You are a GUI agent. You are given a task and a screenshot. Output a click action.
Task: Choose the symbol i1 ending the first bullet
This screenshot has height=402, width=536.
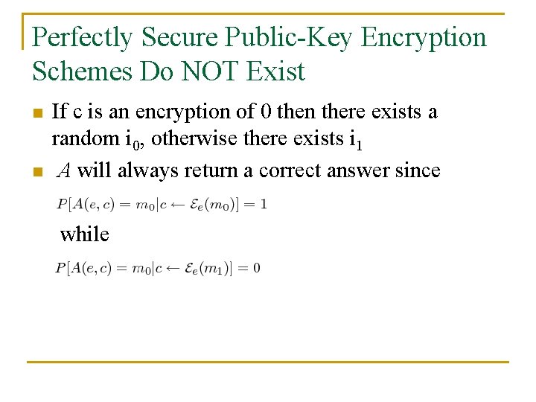(357, 139)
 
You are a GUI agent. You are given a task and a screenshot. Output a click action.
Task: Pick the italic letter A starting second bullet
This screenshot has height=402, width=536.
(64, 170)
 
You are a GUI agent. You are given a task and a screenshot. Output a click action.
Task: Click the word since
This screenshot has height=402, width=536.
(418, 170)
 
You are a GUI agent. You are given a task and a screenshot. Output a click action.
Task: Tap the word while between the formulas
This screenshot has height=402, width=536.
(85, 234)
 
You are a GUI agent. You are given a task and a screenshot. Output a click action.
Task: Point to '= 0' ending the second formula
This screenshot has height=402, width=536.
(252, 268)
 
